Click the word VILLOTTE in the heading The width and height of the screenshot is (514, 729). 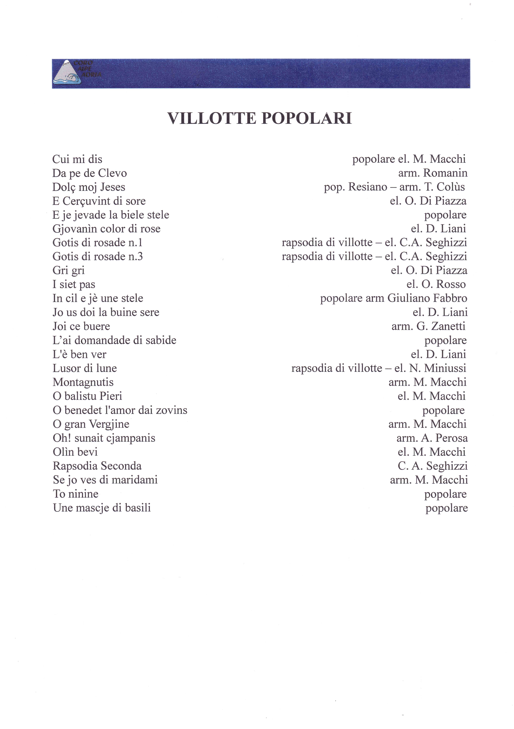coord(211,118)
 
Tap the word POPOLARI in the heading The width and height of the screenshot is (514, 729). coord(307,118)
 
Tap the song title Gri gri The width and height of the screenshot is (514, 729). coord(69,271)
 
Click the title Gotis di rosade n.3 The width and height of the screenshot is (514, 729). coord(97,257)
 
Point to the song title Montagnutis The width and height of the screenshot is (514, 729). coord(83,382)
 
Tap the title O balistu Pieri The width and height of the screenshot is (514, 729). coord(87,396)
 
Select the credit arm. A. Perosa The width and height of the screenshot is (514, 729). coord(432,438)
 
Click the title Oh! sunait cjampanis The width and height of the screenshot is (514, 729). coord(104,438)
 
